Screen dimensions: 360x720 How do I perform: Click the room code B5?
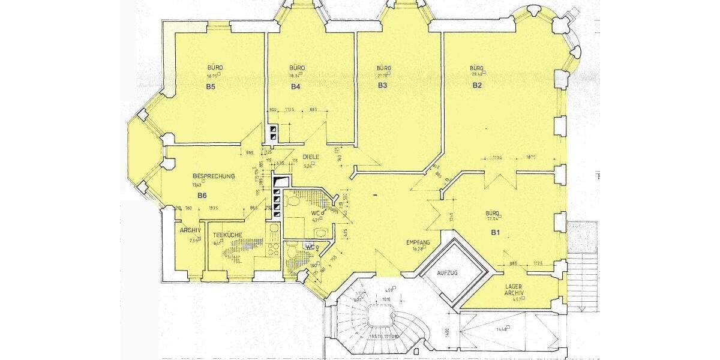click(x=211, y=86)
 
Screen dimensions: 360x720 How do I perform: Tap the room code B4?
click(x=295, y=86)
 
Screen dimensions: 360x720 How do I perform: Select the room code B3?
click(x=382, y=86)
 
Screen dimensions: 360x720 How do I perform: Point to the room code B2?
click(x=477, y=85)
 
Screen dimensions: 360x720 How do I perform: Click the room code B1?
click(x=496, y=232)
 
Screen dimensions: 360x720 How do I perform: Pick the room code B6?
click(x=202, y=196)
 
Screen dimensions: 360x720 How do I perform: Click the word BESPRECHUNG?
click(x=214, y=176)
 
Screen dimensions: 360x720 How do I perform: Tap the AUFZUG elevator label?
click(x=448, y=273)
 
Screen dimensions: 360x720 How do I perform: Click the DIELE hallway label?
click(x=310, y=157)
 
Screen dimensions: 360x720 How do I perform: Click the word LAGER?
click(x=514, y=286)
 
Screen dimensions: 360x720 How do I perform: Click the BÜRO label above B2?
click(x=477, y=68)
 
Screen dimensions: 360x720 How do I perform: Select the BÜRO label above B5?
click(x=215, y=68)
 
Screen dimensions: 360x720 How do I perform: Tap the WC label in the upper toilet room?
click(x=314, y=213)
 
